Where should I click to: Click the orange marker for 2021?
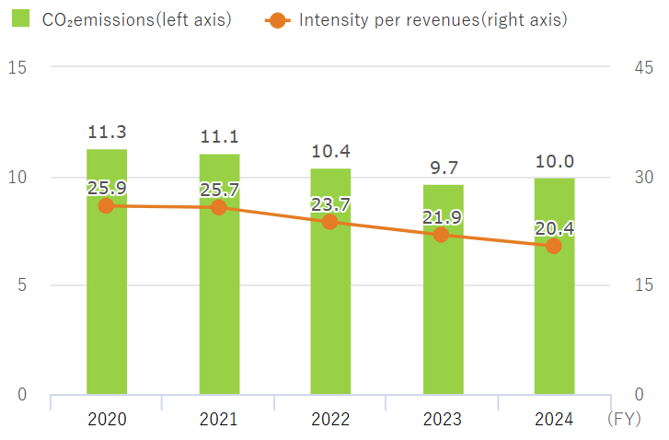coord(219,207)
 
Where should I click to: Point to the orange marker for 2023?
coord(442,235)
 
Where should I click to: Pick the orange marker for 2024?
coord(554,246)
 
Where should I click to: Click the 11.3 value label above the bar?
coord(107,133)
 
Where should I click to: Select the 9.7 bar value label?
coord(442,168)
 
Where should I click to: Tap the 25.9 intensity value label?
coord(107,188)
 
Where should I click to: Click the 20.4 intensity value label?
coord(554,228)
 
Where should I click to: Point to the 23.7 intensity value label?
coord(330,203)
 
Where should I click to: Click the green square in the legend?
coord(24,18)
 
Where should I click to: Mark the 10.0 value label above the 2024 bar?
coord(554,162)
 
